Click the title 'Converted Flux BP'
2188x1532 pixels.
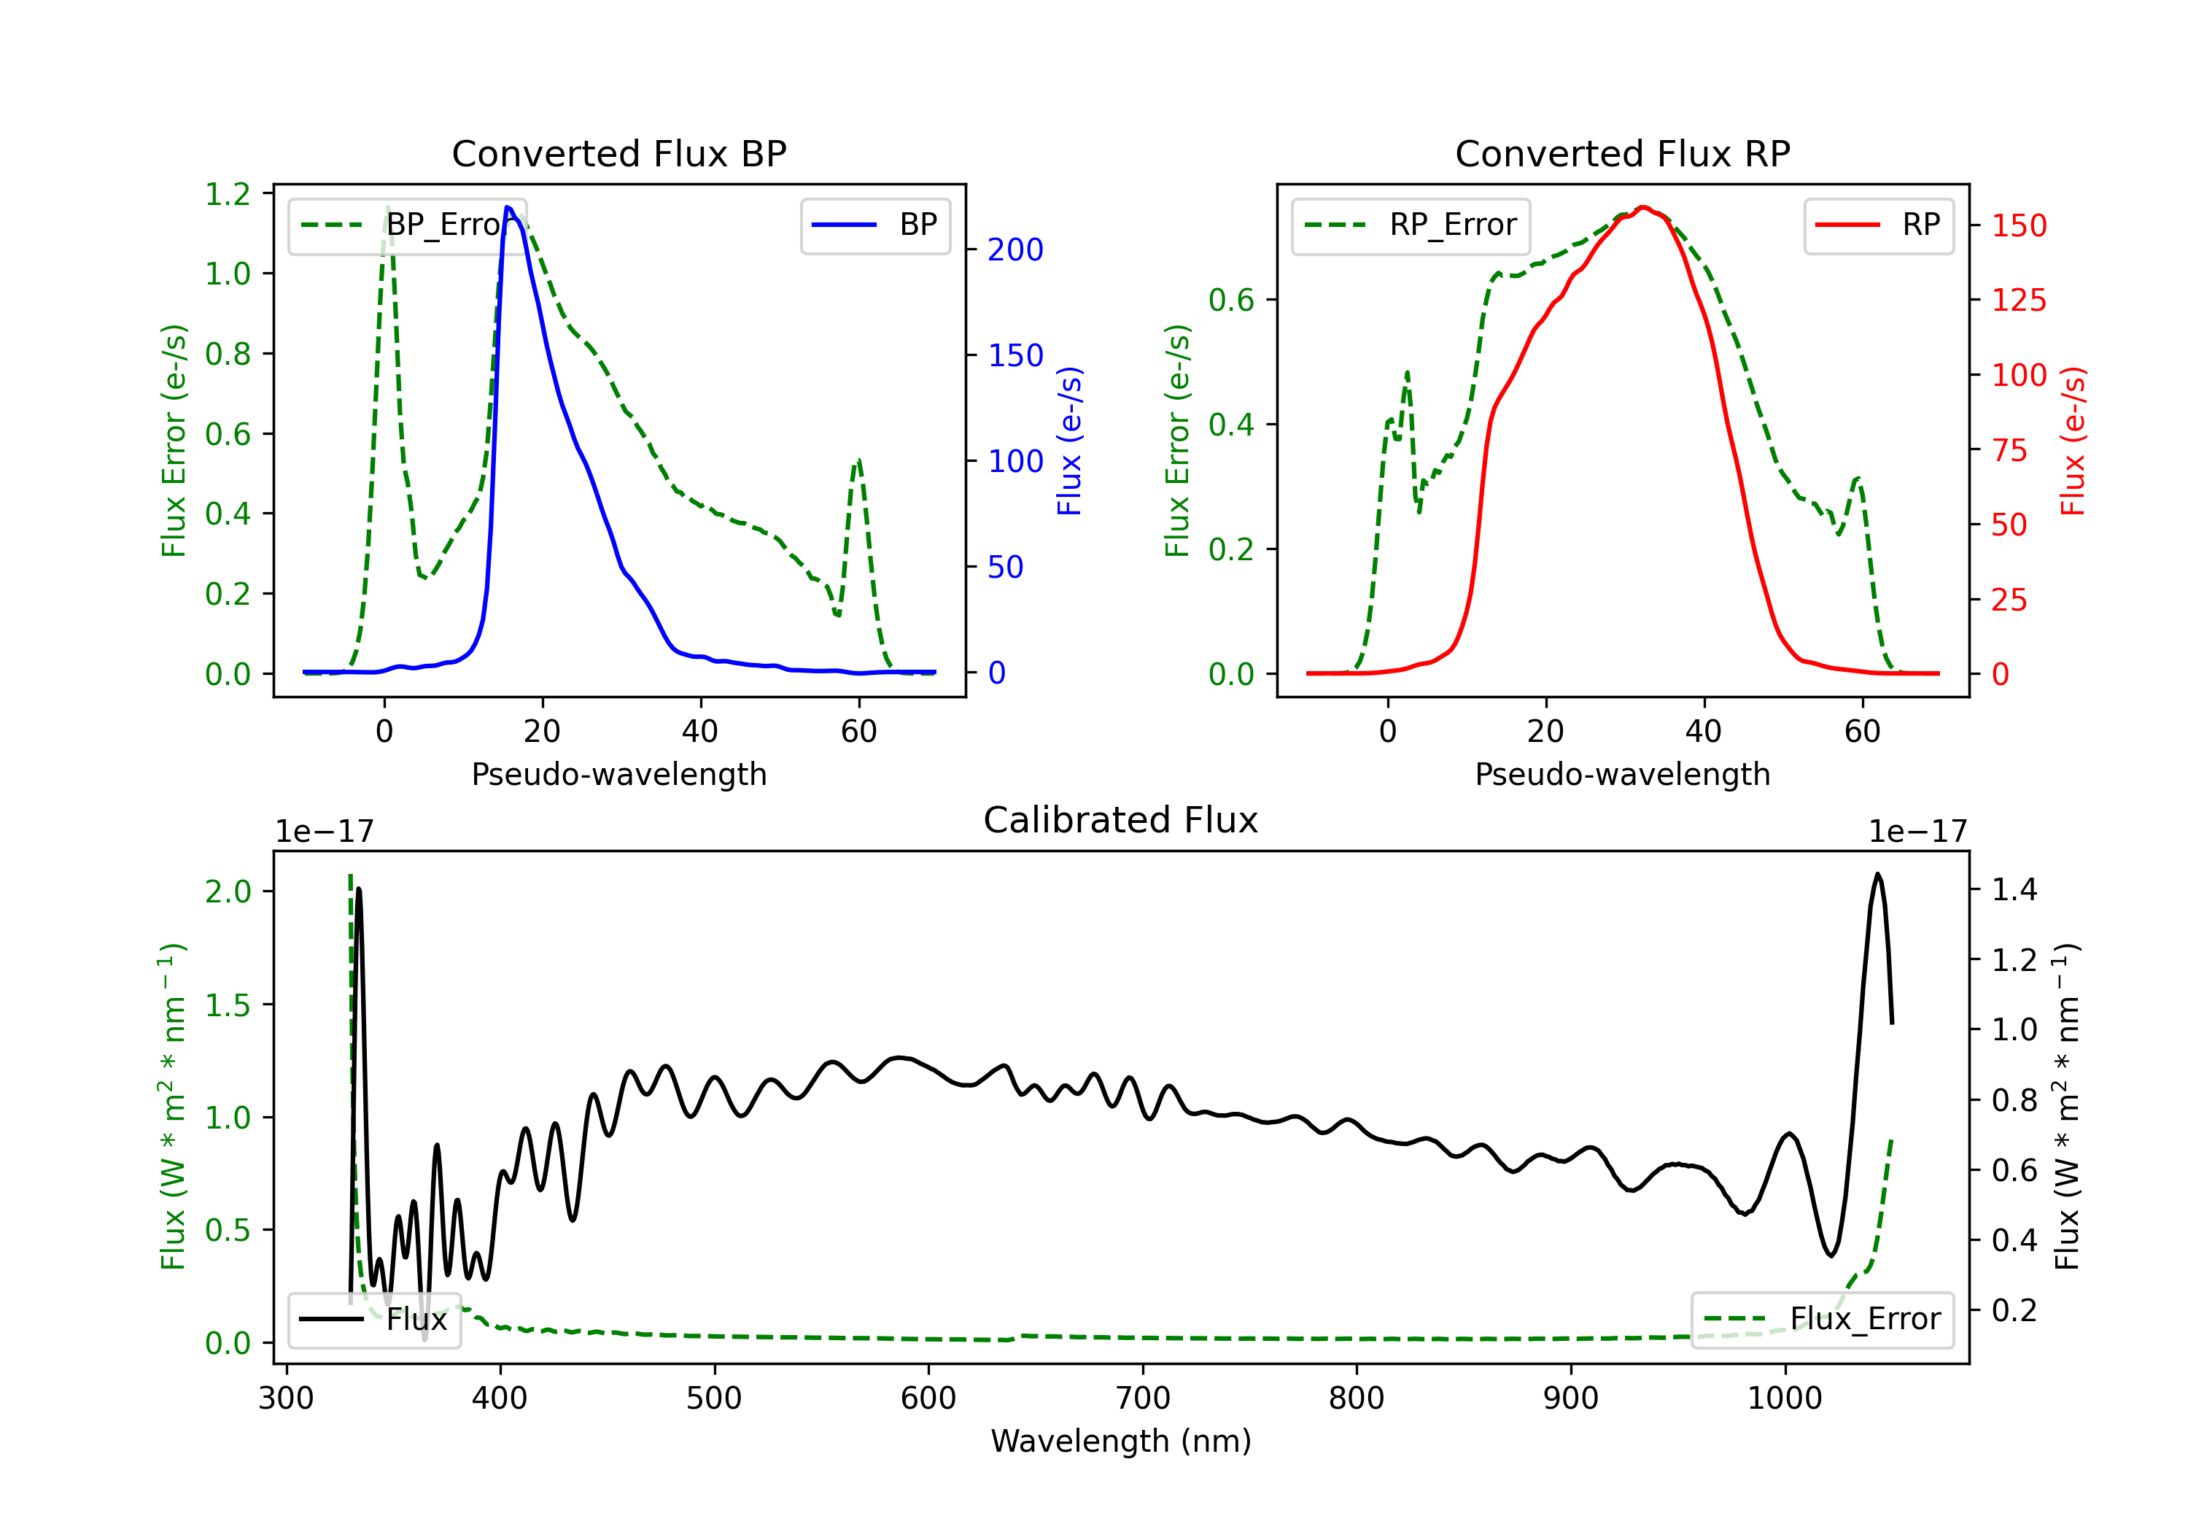coord(618,153)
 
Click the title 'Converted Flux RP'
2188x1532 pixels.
coord(1622,153)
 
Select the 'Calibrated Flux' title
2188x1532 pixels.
coord(1121,820)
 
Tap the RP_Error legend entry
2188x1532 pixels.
coord(1411,225)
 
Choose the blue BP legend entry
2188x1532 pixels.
coord(874,225)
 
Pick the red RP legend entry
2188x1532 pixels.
coord(1878,225)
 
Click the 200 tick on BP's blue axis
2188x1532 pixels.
coord(1015,249)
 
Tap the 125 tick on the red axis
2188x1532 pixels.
coord(2018,301)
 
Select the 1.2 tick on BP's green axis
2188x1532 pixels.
coord(228,195)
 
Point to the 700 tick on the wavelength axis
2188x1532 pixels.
coord(1141,1398)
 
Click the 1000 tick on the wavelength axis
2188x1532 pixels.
coord(1784,1398)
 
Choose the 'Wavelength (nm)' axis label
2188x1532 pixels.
coord(1121,1441)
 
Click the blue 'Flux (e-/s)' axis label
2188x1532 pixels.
coord(1069,441)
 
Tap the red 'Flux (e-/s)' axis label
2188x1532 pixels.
coord(2073,441)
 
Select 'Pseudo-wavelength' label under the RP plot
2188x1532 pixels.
coord(1622,774)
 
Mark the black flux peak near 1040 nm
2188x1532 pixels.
coord(1877,874)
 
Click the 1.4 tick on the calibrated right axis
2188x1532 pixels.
coord(2014,889)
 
